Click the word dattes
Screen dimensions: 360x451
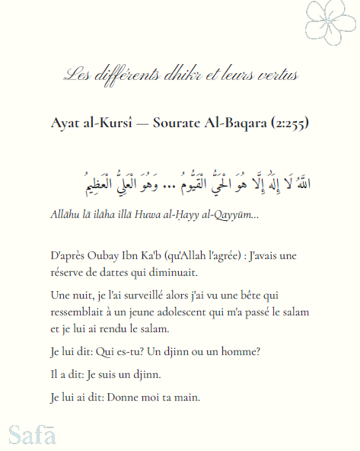click(132, 273)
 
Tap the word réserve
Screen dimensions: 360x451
click(66, 273)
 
